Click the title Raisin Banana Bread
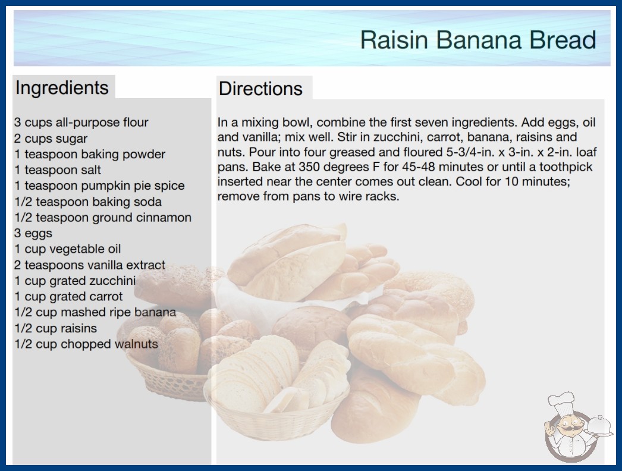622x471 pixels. coord(478,40)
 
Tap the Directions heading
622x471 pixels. coord(260,89)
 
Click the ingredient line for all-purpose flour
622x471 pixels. coord(81,123)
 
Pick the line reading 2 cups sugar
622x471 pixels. coord(51,139)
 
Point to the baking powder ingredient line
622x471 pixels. coord(90,155)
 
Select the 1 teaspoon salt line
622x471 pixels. coord(58,170)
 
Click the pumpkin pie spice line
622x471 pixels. coord(99,186)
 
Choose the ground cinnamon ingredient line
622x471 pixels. coord(103,218)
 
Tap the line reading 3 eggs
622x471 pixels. coord(33,233)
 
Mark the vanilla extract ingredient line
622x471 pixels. coord(90,265)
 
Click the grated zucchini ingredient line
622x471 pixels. coord(75,281)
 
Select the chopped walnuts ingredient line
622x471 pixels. coord(86,344)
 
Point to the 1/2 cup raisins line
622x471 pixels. coord(55,328)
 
